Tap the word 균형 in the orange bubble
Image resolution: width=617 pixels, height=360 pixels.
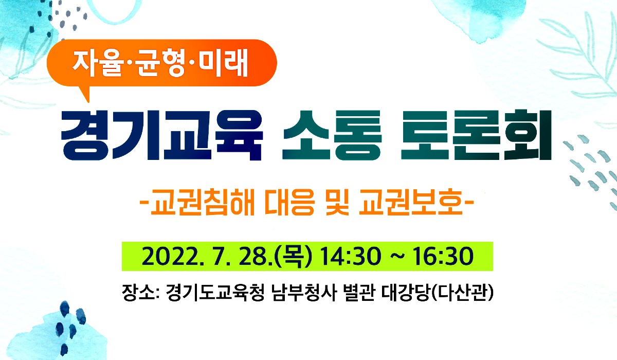160,64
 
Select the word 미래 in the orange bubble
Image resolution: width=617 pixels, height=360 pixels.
224,64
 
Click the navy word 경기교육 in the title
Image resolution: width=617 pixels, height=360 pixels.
161,135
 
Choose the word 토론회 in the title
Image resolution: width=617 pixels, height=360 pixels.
477,135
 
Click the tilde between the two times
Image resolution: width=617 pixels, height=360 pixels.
397,257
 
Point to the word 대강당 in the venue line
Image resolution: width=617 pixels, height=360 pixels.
406,293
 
